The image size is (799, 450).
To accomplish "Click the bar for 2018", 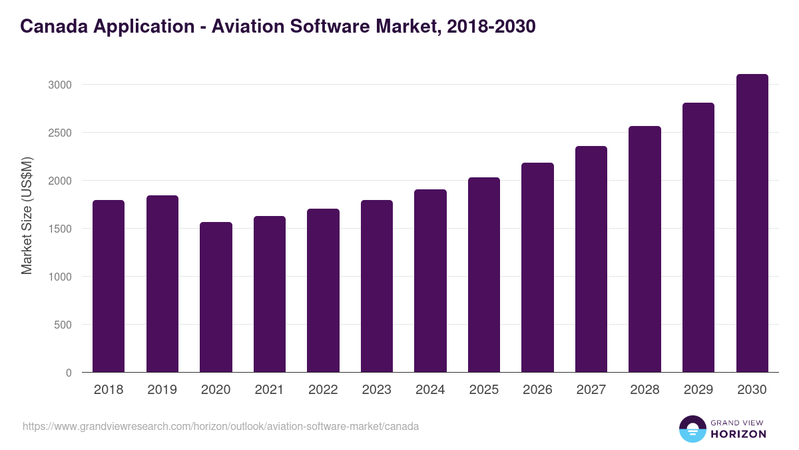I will point(109,286).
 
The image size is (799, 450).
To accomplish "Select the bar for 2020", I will point(216,297).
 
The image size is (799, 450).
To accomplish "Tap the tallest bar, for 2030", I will point(752,223).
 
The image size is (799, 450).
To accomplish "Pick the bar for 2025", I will point(483,275).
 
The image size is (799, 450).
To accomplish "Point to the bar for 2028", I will point(645,249).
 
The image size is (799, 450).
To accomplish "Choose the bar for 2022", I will point(323,291).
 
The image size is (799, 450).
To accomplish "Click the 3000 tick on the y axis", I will point(59,85).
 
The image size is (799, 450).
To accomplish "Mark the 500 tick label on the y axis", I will point(62,325).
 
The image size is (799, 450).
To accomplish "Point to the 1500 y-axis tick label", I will point(59,229).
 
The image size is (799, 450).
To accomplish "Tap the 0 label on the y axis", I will point(69,373).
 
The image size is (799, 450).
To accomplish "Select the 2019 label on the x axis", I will point(162,390).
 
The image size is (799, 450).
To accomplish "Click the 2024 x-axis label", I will point(430,390).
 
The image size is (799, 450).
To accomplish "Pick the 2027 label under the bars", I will point(591,390).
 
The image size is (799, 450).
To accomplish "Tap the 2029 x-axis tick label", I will point(698,390).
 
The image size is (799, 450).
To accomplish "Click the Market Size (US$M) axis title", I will point(27,215).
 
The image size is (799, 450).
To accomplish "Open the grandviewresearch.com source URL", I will point(220,426).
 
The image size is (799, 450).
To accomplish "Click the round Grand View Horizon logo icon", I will point(692,429).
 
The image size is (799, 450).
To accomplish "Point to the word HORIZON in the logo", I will point(738,434).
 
